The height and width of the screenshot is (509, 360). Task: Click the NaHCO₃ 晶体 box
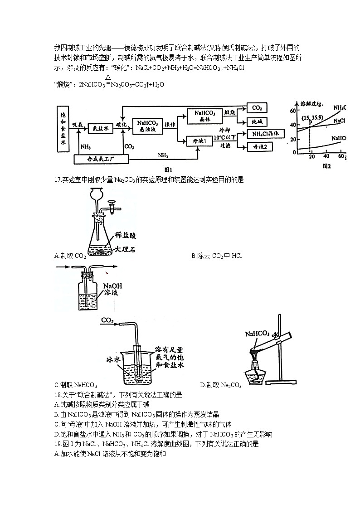pyautogui.click(x=205, y=116)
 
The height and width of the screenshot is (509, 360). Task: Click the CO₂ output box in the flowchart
pyautogui.click(x=257, y=109)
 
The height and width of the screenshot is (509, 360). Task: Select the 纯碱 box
pyautogui.click(x=257, y=122)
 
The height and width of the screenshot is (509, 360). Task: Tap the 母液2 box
pyautogui.click(x=257, y=147)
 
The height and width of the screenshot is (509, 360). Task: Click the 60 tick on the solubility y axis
pyautogui.click(x=292, y=111)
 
